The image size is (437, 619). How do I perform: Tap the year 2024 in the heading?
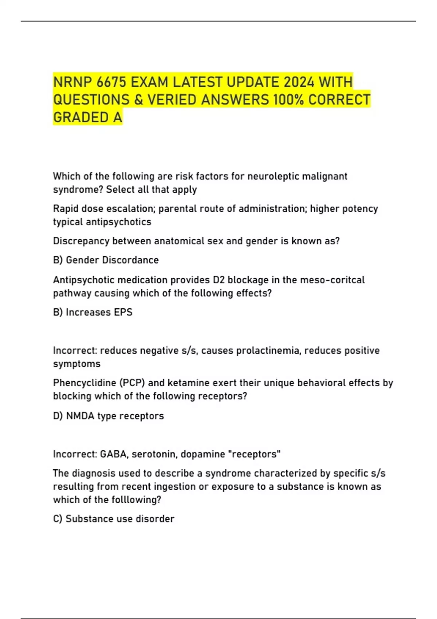(x=299, y=82)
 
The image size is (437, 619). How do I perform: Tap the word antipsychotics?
(x=116, y=222)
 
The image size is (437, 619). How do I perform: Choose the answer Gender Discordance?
(x=112, y=260)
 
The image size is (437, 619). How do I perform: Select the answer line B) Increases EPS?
(x=93, y=312)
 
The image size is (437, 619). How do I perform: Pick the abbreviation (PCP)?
(x=129, y=383)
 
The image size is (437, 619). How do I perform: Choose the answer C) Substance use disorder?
(x=114, y=519)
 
